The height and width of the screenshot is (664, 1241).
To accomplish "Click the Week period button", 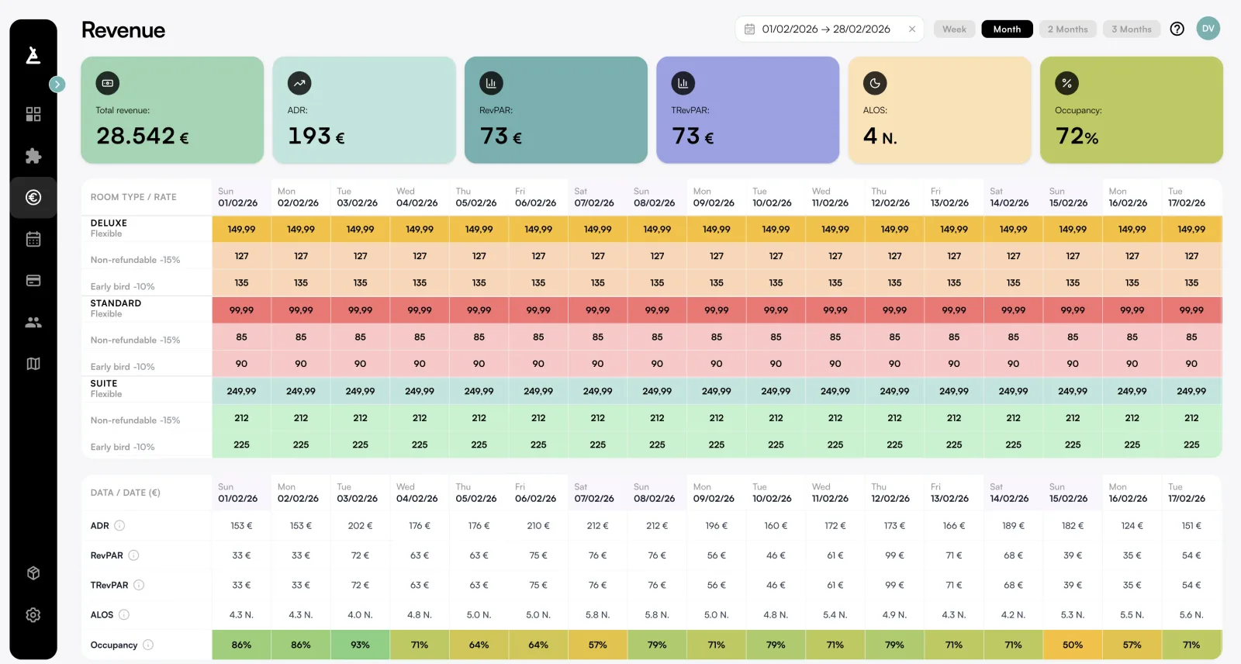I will click(x=954, y=29).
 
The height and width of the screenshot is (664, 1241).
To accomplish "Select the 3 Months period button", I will click(x=1131, y=29).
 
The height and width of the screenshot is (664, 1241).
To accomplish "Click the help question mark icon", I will click(x=1177, y=29).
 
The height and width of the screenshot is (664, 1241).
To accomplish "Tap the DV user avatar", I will click(x=1208, y=29).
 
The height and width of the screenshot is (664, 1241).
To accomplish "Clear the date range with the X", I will click(x=912, y=29).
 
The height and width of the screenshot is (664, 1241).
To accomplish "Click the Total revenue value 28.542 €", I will click(x=143, y=137).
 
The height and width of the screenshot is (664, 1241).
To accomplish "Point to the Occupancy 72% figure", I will click(x=1077, y=137).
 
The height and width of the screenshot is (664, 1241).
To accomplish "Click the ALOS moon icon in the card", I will click(x=875, y=83).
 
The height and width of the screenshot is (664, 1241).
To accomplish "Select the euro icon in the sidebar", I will click(x=33, y=198).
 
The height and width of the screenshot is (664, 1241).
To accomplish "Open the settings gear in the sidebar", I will click(x=33, y=615).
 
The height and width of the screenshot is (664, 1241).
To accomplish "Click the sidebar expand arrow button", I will click(x=57, y=84).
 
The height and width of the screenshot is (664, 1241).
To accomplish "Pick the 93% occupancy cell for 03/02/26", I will click(x=360, y=645).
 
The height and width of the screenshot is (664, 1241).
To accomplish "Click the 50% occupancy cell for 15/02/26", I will click(x=1073, y=645).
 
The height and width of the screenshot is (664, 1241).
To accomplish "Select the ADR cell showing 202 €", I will click(x=360, y=526).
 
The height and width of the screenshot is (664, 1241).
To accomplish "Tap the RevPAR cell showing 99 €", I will click(x=894, y=555).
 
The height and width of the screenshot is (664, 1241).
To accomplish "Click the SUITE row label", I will click(x=104, y=384).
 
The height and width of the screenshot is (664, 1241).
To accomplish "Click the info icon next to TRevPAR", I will click(x=139, y=585).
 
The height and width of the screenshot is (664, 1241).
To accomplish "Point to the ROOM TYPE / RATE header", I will click(x=133, y=197).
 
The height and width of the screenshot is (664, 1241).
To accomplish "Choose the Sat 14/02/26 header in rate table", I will click(x=1009, y=197).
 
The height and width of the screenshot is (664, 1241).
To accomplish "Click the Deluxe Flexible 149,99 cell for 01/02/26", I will click(x=241, y=230).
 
